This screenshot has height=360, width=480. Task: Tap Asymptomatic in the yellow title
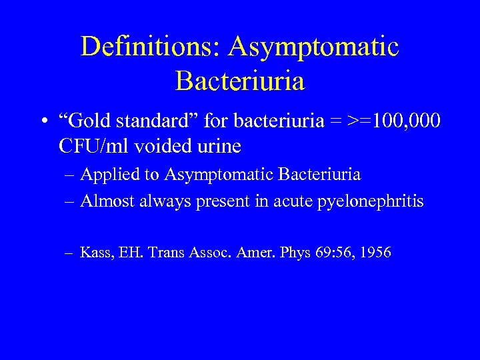click(x=313, y=47)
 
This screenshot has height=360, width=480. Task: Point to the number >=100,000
click(x=387, y=122)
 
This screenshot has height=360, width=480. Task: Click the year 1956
click(x=374, y=253)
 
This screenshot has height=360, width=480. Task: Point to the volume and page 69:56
click(x=329, y=253)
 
